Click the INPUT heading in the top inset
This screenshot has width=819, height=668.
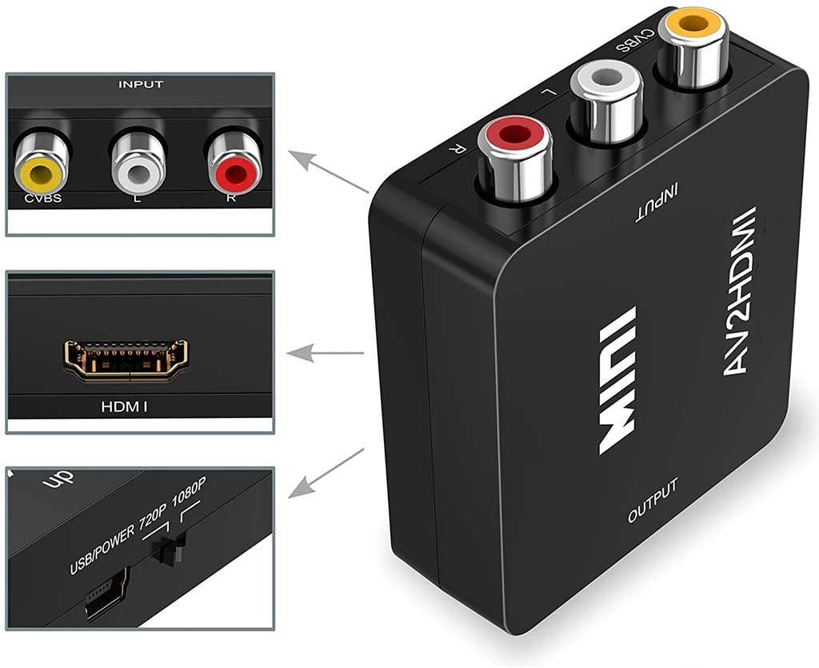point(140,84)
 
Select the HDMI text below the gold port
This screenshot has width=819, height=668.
point(124,407)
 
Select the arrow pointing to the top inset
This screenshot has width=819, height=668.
point(328,171)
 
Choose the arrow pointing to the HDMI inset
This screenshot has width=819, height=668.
point(324,352)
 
